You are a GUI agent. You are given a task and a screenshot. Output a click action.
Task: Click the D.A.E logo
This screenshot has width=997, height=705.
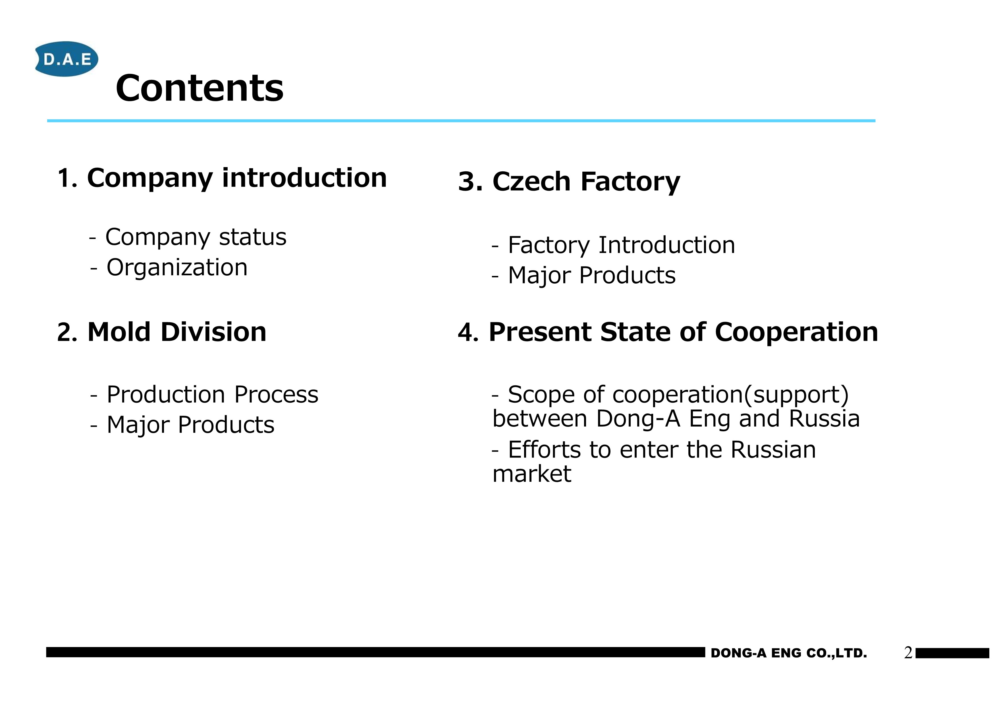[67, 59]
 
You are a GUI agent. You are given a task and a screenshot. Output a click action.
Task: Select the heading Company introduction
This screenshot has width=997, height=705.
[237, 178]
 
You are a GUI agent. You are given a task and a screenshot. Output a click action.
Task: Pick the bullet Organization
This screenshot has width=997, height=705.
[177, 267]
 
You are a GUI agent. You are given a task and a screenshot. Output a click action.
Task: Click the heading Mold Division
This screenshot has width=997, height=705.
[177, 332]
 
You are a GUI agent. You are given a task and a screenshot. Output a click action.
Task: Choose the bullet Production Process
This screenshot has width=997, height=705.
[212, 395]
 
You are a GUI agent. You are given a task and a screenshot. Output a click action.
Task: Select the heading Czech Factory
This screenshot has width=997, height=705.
[586, 182]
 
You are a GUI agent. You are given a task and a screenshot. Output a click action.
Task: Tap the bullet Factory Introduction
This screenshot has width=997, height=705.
[621, 245]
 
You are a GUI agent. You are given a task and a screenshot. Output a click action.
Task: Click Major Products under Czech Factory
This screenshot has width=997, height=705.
[592, 275]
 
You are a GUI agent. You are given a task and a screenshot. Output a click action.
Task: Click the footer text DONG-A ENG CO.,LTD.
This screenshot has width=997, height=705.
[789, 653]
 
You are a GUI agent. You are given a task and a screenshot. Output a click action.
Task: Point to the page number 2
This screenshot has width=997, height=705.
[908, 653]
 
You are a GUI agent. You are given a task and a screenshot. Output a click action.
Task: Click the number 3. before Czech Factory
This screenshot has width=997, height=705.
[471, 182]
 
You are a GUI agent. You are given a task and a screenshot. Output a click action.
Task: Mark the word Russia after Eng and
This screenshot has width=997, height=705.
[824, 419]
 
